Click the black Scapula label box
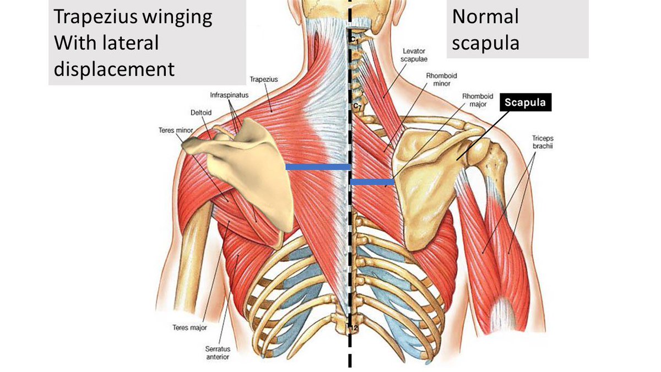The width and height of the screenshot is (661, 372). point(525,102)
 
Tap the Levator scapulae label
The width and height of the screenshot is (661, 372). point(415,55)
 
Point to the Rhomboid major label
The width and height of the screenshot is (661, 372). point(477,100)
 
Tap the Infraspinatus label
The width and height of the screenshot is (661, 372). point(229,95)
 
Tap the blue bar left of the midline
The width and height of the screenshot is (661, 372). point(318,166)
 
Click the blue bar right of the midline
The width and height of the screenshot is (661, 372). point(372,181)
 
